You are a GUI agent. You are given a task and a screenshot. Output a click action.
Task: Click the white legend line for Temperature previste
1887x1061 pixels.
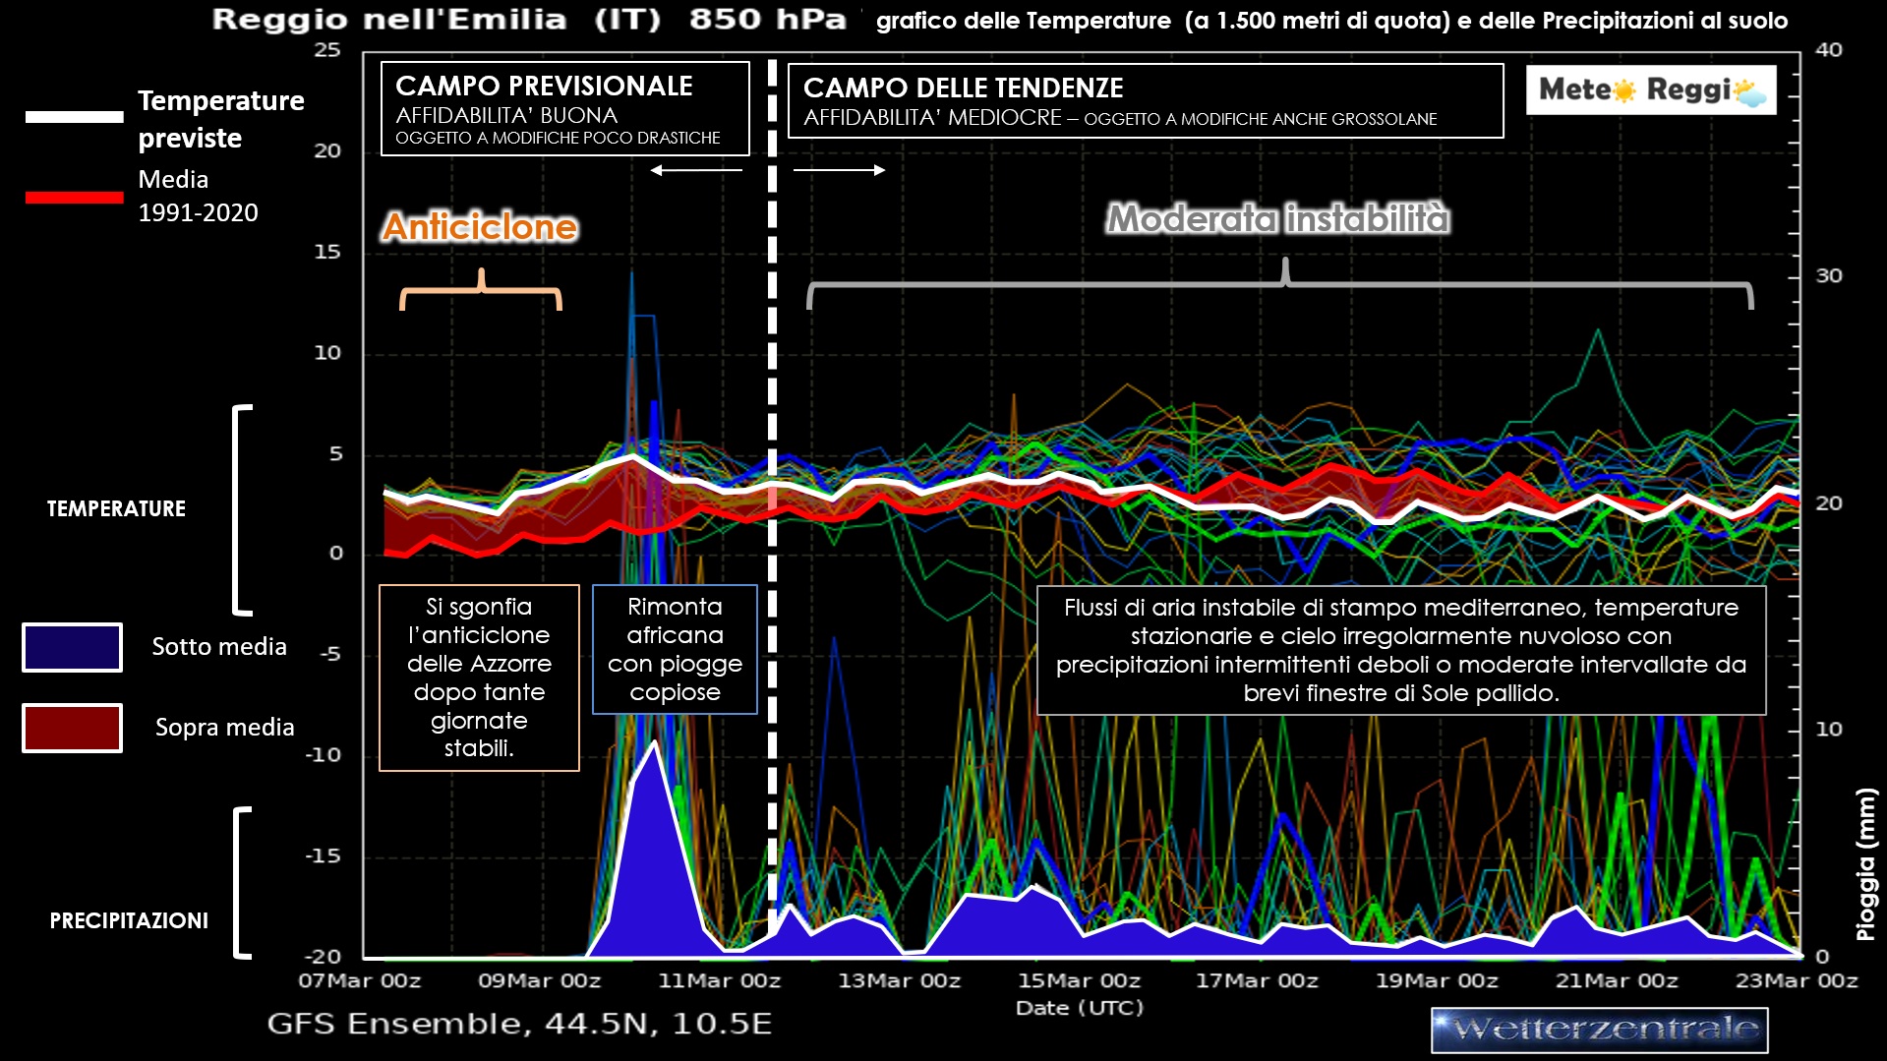coord(74,117)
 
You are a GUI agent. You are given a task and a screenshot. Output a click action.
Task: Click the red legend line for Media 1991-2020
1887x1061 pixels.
coord(74,198)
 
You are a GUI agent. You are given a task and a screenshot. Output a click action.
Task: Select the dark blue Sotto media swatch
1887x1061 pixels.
coord(72,647)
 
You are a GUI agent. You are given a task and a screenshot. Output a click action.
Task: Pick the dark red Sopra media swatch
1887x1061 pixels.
coord(72,728)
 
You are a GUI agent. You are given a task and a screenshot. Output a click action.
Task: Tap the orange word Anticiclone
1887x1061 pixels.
coord(480,227)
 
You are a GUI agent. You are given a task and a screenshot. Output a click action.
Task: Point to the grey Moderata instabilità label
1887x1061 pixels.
coord(1278,218)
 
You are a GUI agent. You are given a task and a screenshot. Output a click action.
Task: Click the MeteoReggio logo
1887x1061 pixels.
coord(1651,90)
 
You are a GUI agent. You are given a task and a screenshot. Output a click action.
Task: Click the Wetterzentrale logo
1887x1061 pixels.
coord(1599,1030)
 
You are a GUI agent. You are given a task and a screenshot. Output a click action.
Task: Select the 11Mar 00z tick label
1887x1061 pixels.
coord(719,981)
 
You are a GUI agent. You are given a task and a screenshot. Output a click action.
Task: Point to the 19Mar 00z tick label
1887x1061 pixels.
coord(1437,981)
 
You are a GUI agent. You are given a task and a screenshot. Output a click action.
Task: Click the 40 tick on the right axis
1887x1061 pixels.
coord(1828,50)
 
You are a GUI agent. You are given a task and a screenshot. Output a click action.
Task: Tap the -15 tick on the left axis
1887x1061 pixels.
coord(323,855)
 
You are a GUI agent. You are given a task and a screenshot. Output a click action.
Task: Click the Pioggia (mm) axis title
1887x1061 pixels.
coord(1865,864)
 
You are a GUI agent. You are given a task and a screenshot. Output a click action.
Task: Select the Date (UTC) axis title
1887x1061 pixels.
coord(1079,1008)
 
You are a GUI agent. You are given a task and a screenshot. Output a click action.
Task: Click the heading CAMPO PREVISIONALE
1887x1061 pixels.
coord(544,87)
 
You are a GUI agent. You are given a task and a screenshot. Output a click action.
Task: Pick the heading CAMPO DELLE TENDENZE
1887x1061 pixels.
coord(963,88)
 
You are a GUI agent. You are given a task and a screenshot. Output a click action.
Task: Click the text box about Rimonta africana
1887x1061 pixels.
coord(675,649)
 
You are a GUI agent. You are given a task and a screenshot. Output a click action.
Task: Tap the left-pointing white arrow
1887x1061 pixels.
coord(696,170)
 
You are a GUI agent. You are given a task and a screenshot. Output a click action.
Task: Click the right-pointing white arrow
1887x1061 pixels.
coord(839,170)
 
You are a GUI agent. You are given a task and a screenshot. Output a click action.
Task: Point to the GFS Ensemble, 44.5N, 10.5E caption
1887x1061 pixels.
coord(519,1024)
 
